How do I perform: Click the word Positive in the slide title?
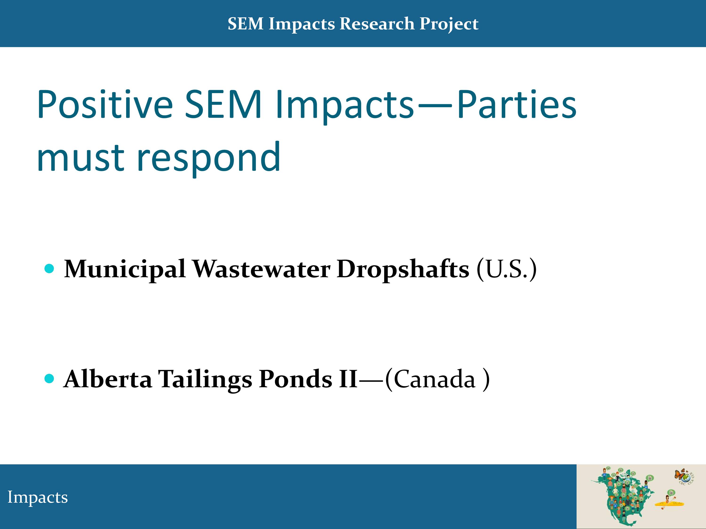coord(105,104)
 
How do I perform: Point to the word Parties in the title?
coord(517,104)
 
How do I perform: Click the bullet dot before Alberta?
coord(49,379)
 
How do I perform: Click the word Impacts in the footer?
coord(38,497)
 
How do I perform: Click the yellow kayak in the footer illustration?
coord(669,504)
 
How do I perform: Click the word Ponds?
coord(296,379)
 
